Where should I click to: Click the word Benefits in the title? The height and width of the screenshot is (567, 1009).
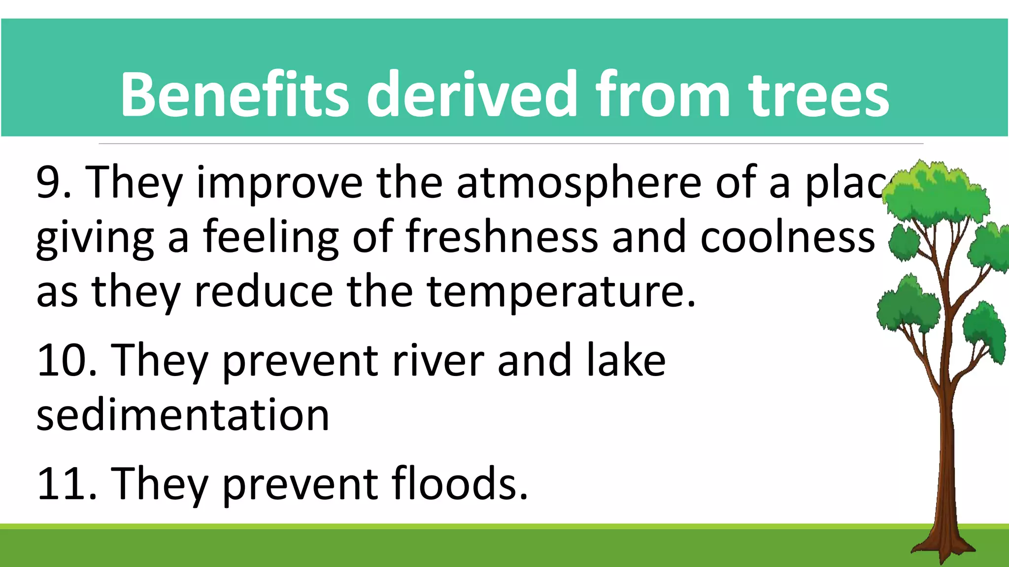coord(235,94)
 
